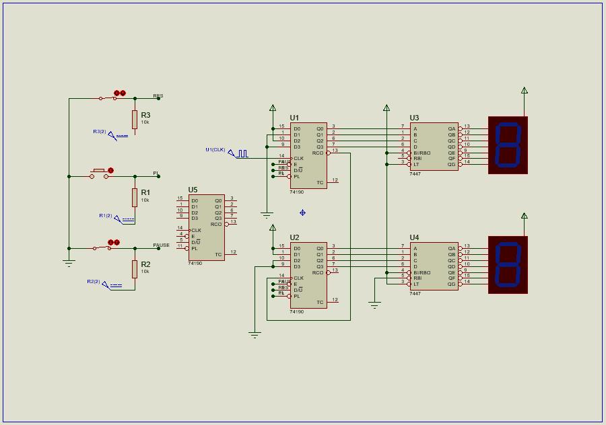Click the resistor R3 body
click(135, 120)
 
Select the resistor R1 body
click(135, 197)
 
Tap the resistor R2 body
click(135, 269)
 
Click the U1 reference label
click(294, 118)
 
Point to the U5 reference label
click(193, 190)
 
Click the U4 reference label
click(414, 237)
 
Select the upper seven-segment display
click(508, 145)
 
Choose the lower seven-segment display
click(508, 265)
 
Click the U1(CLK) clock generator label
click(215, 149)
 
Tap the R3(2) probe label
click(100, 131)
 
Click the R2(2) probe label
click(93, 281)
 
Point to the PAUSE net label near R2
click(161, 245)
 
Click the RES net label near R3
click(158, 95)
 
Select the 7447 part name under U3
click(415, 173)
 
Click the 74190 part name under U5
click(195, 263)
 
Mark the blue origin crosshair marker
click(302, 212)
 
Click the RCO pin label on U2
click(318, 272)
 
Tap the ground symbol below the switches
click(69, 263)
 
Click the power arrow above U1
click(273, 108)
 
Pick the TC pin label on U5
click(218, 254)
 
